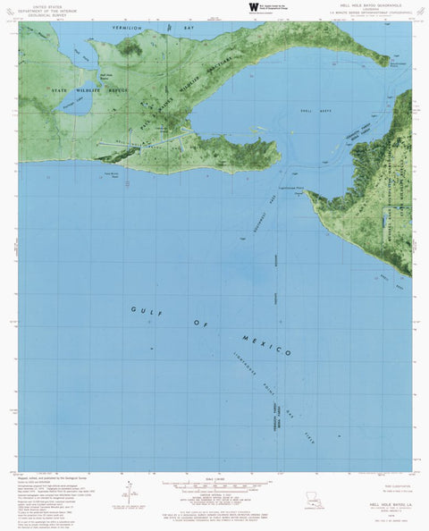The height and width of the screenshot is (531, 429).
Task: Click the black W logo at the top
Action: click(253, 6)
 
